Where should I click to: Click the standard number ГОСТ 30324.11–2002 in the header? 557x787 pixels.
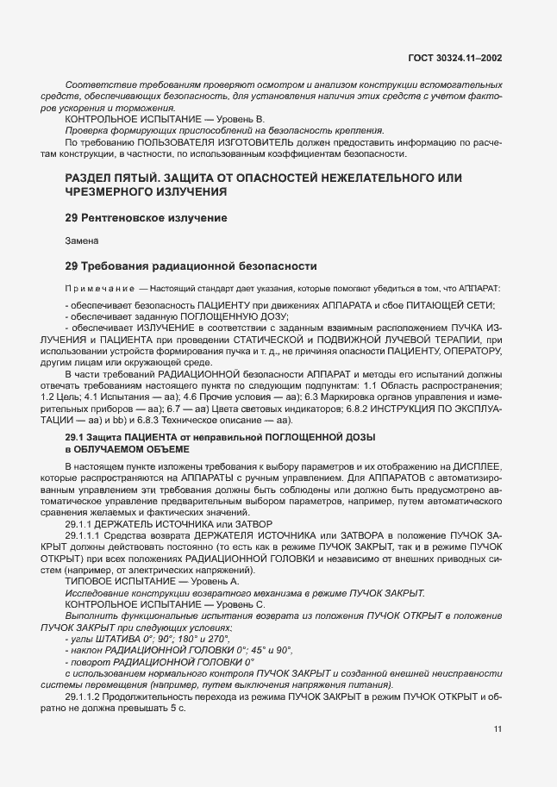point(454,59)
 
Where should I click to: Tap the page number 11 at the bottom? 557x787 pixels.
point(498,729)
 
